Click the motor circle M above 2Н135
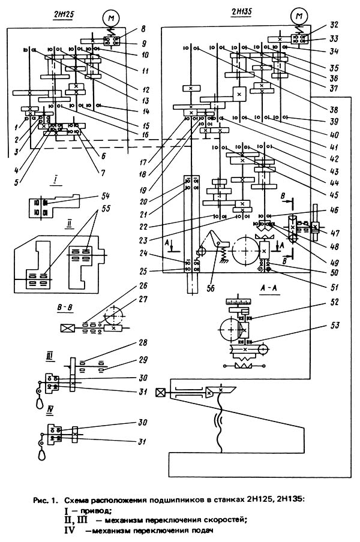tap(298, 16)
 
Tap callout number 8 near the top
tap(126, 28)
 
